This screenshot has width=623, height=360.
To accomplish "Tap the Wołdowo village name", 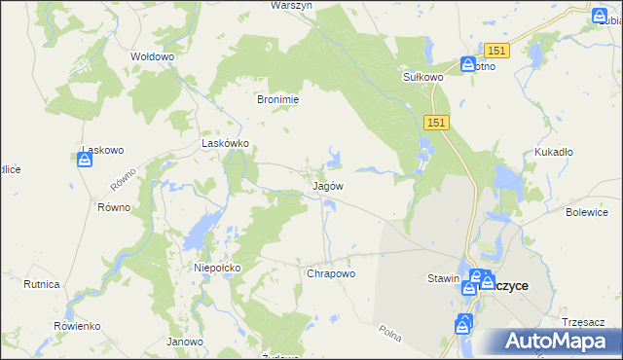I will pyautogui.click(x=152, y=56).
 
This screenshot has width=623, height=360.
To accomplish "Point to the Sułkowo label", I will pyautogui.click(x=423, y=76).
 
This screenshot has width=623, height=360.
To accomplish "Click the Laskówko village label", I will pyautogui.click(x=226, y=142).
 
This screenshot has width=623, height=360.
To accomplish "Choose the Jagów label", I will pyautogui.click(x=327, y=184).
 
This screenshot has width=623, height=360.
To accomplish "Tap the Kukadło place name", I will pyautogui.click(x=553, y=152).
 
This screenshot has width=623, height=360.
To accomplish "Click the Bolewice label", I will pyautogui.click(x=586, y=211).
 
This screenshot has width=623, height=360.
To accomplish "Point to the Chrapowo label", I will pyautogui.click(x=331, y=273).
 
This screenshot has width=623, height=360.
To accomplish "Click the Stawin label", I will pyautogui.click(x=443, y=278).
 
